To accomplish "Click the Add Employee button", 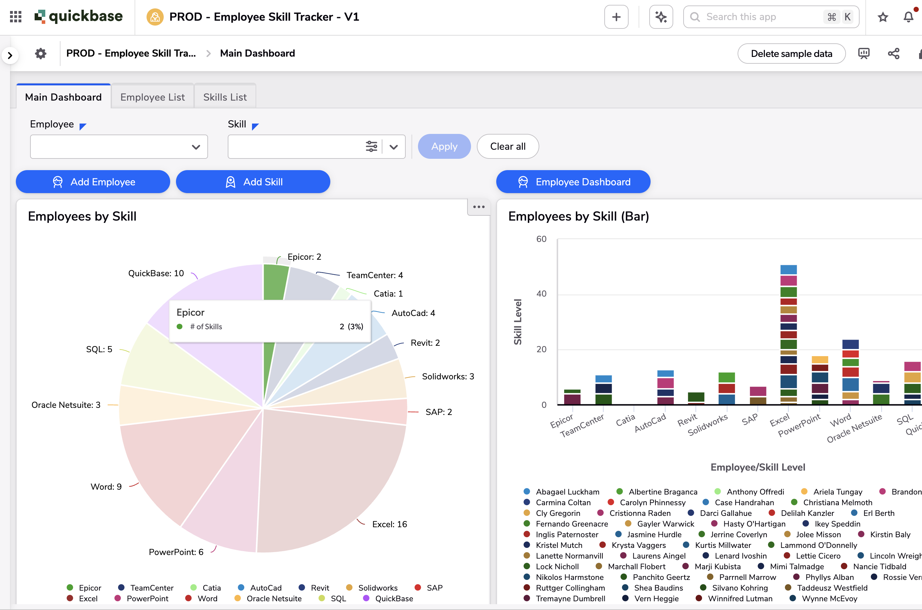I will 93,182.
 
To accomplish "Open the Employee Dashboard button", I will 573,182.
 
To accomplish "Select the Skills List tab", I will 225,97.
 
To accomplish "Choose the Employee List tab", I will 152,97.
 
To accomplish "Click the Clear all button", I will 507,146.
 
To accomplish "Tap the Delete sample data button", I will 791,54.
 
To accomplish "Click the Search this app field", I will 759,17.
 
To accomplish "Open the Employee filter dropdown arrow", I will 196,147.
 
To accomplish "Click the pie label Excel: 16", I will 389,524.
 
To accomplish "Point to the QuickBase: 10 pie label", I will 156,273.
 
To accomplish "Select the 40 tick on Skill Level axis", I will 541,294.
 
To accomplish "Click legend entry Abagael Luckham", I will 567,492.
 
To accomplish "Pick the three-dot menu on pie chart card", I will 478,207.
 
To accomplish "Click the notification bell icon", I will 908,17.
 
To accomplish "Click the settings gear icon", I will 41,53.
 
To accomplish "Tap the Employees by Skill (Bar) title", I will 578,216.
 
